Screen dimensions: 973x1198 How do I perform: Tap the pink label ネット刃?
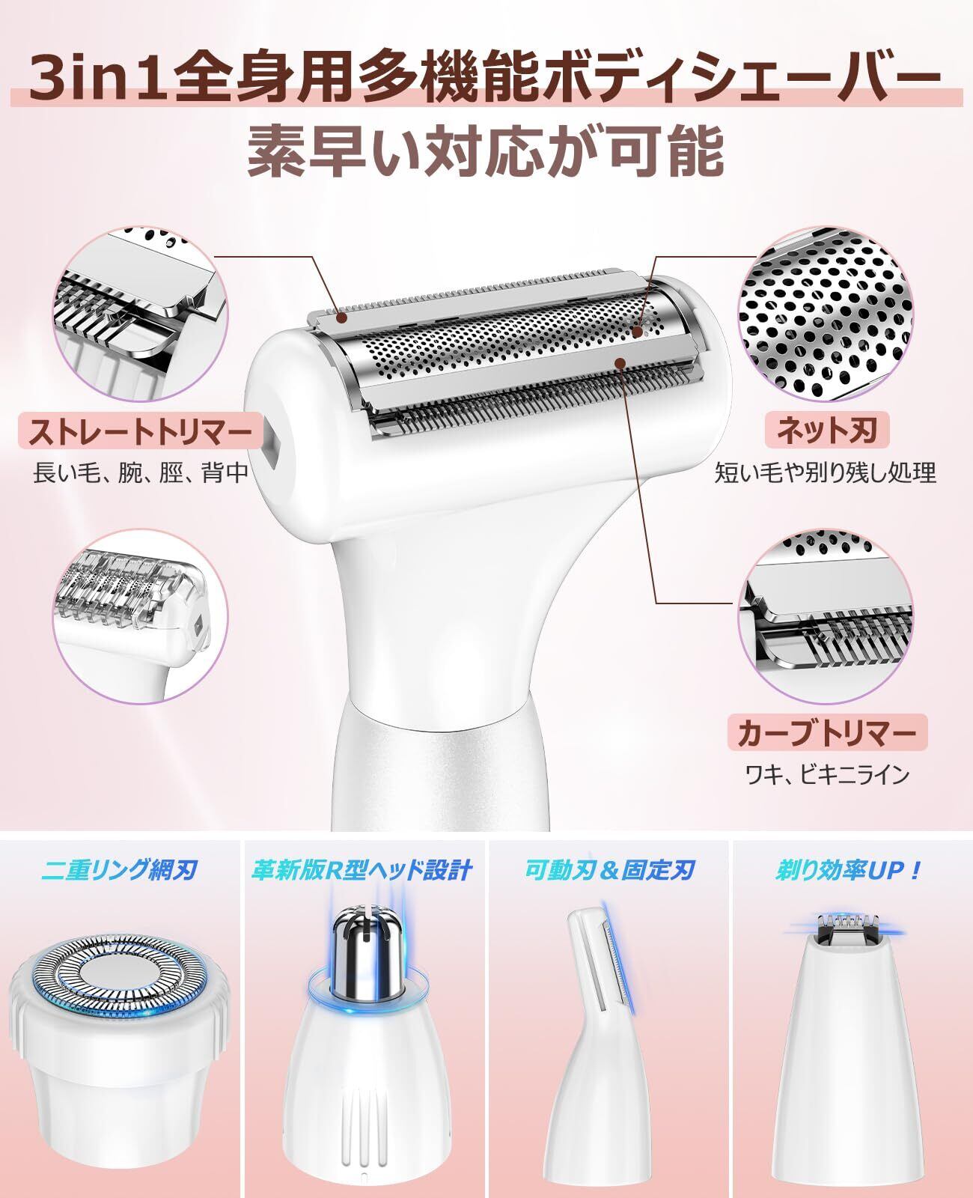click(x=826, y=431)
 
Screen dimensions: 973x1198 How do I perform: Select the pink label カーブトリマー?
click(x=827, y=732)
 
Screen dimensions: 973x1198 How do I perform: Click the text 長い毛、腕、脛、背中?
click(x=141, y=472)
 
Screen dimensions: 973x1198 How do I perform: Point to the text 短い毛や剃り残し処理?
click(x=825, y=472)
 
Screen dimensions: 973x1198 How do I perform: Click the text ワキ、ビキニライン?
click(x=827, y=775)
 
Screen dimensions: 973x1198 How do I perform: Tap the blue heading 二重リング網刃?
click(x=119, y=870)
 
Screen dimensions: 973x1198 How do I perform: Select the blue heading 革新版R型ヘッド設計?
click(x=362, y=870)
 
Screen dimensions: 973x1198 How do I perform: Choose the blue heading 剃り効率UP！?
click(x=849, y=870)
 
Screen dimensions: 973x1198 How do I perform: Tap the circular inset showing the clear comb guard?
click(x=141, y=616)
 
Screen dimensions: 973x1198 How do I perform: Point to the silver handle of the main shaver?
click(x=439, y=776)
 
